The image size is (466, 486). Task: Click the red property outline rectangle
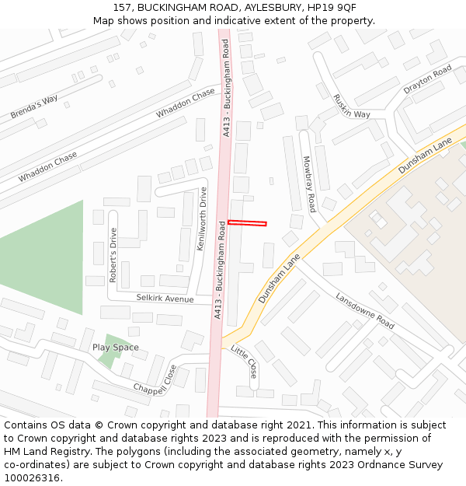pyautogui.click(x=247, y=223)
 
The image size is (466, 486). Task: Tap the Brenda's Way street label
pyautogui.click(x=34, y=107)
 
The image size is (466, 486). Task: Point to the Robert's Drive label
pyautogui.click(x=113, y=254)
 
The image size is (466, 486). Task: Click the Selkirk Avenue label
pyautogui.click(x=165, y=299)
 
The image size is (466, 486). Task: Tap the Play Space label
pyautogui.click(x=116, y=348)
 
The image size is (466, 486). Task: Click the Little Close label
pyautogui.click(x=245, y=362)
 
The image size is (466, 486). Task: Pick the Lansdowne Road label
pyautogui.click(x=365, y=309)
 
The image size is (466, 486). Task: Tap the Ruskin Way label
pyautogui.click(x=351, y=106)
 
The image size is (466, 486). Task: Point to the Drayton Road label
pyautogui.click(x=427, y=80)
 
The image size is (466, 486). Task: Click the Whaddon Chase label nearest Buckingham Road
pyautogui.click(x=185, y=103)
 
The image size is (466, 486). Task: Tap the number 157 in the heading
pyautogui.click(x=122, y=7)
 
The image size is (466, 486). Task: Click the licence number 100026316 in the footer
pyautogui.click(x=32, y=477)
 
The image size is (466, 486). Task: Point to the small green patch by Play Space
pyautogui.click(x=107, y=360)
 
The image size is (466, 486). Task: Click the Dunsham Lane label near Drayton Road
pyautogui.click(x=424, y=156)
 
